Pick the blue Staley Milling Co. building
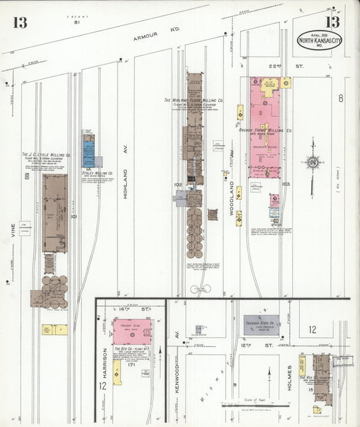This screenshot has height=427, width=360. [x=88, y=151]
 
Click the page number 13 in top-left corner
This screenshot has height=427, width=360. [x=20, y=22]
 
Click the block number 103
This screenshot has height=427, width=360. [x=286, y=183]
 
